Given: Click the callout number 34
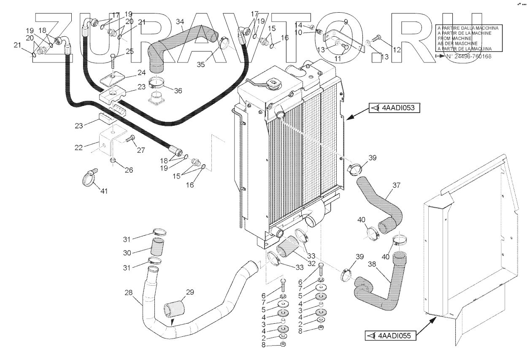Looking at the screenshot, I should [x=180, y=22].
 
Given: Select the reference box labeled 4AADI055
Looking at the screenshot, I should [x=390, y=336].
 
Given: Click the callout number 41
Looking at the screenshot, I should [x=104, y=191].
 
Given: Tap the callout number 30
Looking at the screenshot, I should [x=127, y=252].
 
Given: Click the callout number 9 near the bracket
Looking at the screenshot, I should [x=346, y=21].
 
